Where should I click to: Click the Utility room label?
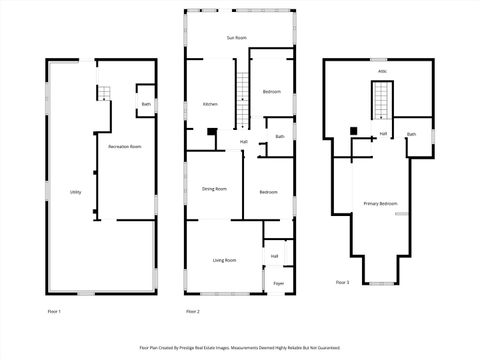click(x=76, y=192)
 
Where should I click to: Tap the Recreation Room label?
click(x=125, y=146)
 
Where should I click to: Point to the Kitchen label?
click(x=211, y=104)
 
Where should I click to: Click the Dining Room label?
click(x=214, y=188)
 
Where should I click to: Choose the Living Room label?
click(x=224, y=260)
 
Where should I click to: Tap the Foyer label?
click(x=278, y=283)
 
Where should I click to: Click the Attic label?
click(x=382, y=72)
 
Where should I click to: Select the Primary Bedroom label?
click(x=380, y=204)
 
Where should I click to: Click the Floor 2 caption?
click(x=193, y=312)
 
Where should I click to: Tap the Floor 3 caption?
click(x=342, y=282)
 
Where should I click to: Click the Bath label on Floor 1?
click(x=146, y=104)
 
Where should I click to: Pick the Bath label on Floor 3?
click(x=411, y=134)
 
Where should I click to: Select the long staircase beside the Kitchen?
click(x=241, y=100)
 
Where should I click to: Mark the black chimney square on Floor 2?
click(x=211, y=130)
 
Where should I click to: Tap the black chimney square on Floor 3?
click(x=354, y=131)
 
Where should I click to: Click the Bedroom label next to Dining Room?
click(x=268, y=192)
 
